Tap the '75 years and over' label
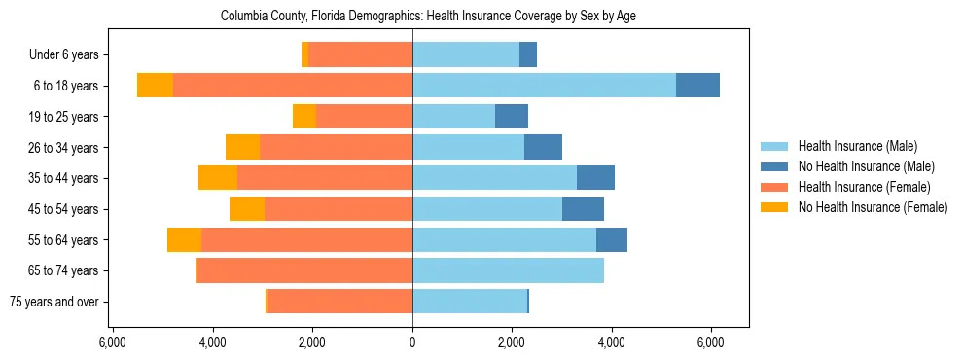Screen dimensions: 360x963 pos(54,302)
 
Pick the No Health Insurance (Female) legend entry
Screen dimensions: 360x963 pos(873,207)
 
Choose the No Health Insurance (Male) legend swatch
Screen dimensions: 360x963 pos(774,166)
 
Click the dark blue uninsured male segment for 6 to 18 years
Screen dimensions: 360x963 pos(697,86)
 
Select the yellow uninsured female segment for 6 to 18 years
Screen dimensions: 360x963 pos(155,86)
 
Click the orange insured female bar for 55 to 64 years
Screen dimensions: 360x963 pos(306,239)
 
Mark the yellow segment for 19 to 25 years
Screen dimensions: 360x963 pos(304,117)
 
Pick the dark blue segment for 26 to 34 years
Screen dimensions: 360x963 pos(543,147)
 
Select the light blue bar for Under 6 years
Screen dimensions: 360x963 pos(466,54)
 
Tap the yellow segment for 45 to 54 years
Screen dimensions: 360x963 pos(247,209)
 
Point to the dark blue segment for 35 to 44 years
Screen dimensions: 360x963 pos(595,178)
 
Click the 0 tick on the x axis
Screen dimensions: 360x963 pos(412,342)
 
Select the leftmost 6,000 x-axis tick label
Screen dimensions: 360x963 pos(113,342)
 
